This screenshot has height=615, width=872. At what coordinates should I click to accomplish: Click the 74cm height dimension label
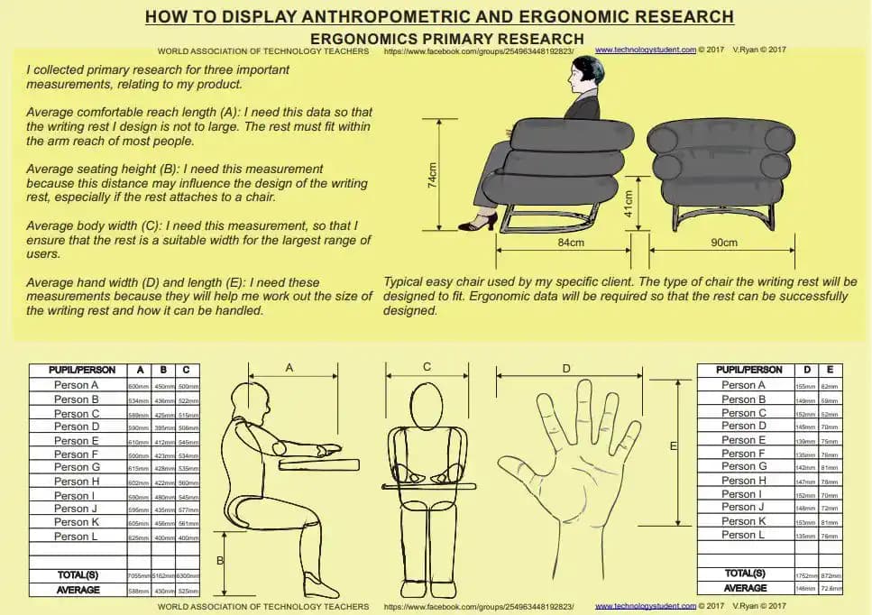[433, 175]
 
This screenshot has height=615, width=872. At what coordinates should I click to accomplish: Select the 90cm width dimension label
[724, 243]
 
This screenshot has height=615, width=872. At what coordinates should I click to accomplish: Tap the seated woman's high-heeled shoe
[478, 222]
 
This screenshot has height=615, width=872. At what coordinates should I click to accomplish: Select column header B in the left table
[163, 370]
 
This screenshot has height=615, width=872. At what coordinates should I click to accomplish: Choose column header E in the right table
[829, 370]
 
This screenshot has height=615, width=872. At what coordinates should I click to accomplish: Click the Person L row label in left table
[71, 537]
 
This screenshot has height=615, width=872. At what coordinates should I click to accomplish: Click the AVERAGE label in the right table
[745, 588]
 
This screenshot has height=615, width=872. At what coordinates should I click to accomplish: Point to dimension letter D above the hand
[566, 368]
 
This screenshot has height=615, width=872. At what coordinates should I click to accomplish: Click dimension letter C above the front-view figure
[427, 366]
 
